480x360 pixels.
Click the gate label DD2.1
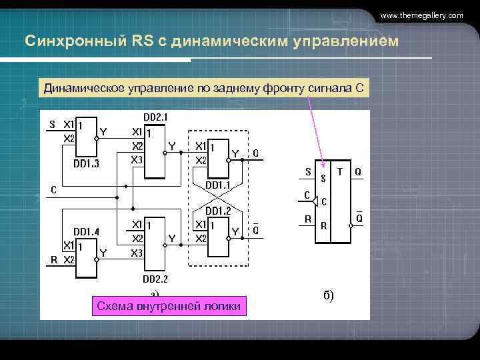156,117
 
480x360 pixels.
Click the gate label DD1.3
85,162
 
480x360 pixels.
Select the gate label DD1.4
86,231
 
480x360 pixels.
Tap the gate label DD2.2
155,278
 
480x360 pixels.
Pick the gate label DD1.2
217,211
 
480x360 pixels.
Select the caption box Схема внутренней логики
170,306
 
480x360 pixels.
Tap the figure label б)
329,295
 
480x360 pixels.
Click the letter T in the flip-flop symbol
341,171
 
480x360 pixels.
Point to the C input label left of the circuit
54,189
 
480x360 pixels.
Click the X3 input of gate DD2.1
137,159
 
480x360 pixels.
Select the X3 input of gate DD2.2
137,253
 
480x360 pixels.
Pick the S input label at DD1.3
53,124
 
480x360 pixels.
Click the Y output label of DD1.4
103,252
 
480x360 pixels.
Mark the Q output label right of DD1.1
255,153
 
